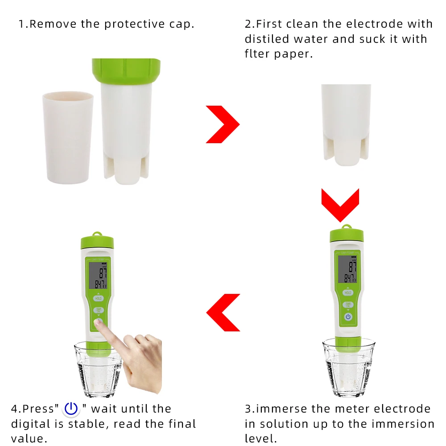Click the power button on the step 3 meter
[x=348, y=317]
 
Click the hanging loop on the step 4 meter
[x=97, y=234]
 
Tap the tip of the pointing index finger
[x=99, y=323]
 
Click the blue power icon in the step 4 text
[x=71, y=409]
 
